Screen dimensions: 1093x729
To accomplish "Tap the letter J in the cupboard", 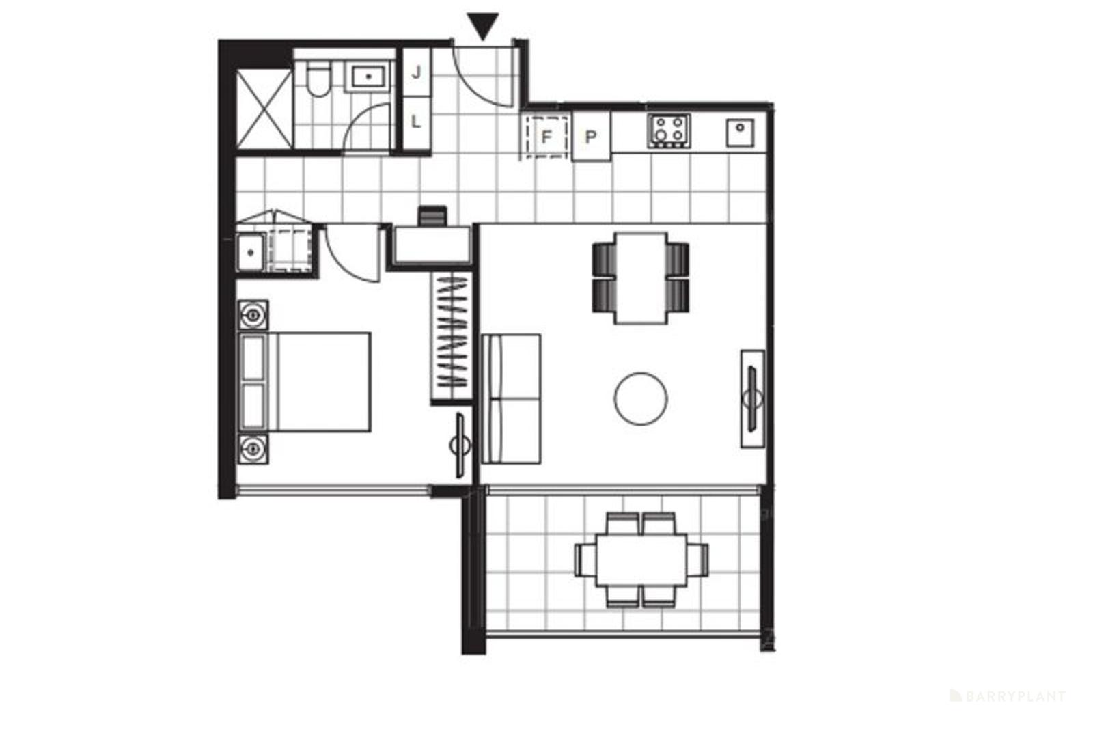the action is point(416,72).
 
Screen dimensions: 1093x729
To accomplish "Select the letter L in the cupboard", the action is point(416,121).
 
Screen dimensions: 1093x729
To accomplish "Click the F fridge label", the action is point(546,137).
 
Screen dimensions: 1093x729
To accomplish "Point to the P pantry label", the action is point(590,137).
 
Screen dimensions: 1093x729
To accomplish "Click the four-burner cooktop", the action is point(669,130).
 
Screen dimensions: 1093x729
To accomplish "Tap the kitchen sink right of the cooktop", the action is point(741,133).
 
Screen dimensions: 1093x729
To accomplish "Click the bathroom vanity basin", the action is point(368,77).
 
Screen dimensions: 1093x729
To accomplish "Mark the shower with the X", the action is point(264,109).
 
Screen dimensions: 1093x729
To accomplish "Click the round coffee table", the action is point(641,398).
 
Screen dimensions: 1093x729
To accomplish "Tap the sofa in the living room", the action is point(511,398).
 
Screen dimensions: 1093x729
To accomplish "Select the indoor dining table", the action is point(641,278).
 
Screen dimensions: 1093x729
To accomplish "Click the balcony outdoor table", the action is point(641,560).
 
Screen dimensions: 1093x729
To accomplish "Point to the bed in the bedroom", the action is point(305,382).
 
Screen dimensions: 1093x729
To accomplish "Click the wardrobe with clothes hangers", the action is point(452,338).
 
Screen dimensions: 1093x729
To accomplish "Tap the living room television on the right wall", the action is point(752,398).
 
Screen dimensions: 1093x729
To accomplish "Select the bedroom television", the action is point(460,445).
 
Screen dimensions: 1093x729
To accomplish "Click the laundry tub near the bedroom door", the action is point(251,252).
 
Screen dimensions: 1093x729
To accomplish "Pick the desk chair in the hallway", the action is point(432,216).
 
